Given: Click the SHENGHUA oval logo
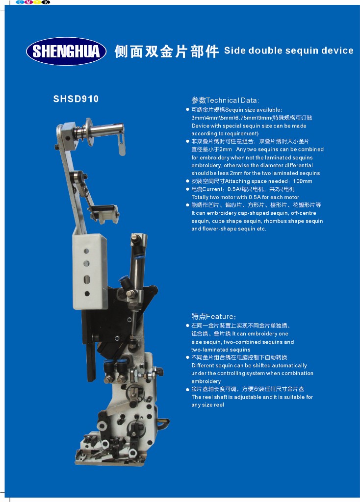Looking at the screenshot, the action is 66,51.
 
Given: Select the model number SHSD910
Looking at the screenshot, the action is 76,99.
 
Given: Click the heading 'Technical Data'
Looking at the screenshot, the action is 231,100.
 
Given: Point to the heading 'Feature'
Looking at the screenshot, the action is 220,317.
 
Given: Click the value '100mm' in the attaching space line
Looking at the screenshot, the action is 302,181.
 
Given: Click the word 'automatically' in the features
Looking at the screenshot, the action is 290,366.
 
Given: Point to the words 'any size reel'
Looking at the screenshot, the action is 207,405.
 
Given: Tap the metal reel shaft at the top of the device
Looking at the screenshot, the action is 99,130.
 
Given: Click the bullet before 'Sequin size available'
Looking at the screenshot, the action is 187,110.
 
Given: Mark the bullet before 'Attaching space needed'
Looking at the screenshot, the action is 187,181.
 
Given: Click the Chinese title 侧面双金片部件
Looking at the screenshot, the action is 166,51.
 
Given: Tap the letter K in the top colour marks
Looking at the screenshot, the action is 46,2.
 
